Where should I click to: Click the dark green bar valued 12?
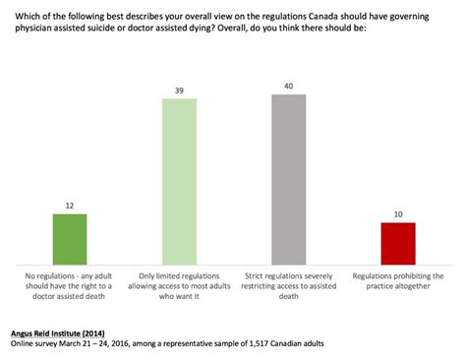(70, 238)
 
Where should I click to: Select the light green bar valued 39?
(180, 180)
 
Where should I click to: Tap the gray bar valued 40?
(289, 178)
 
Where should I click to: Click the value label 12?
(70, 205)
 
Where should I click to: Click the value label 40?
(289, 86)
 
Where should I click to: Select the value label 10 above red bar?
(398, 213)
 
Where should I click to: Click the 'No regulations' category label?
(70, 283)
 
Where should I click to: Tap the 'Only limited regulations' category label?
(180, 283)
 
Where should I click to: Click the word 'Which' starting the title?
(21, 12)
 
